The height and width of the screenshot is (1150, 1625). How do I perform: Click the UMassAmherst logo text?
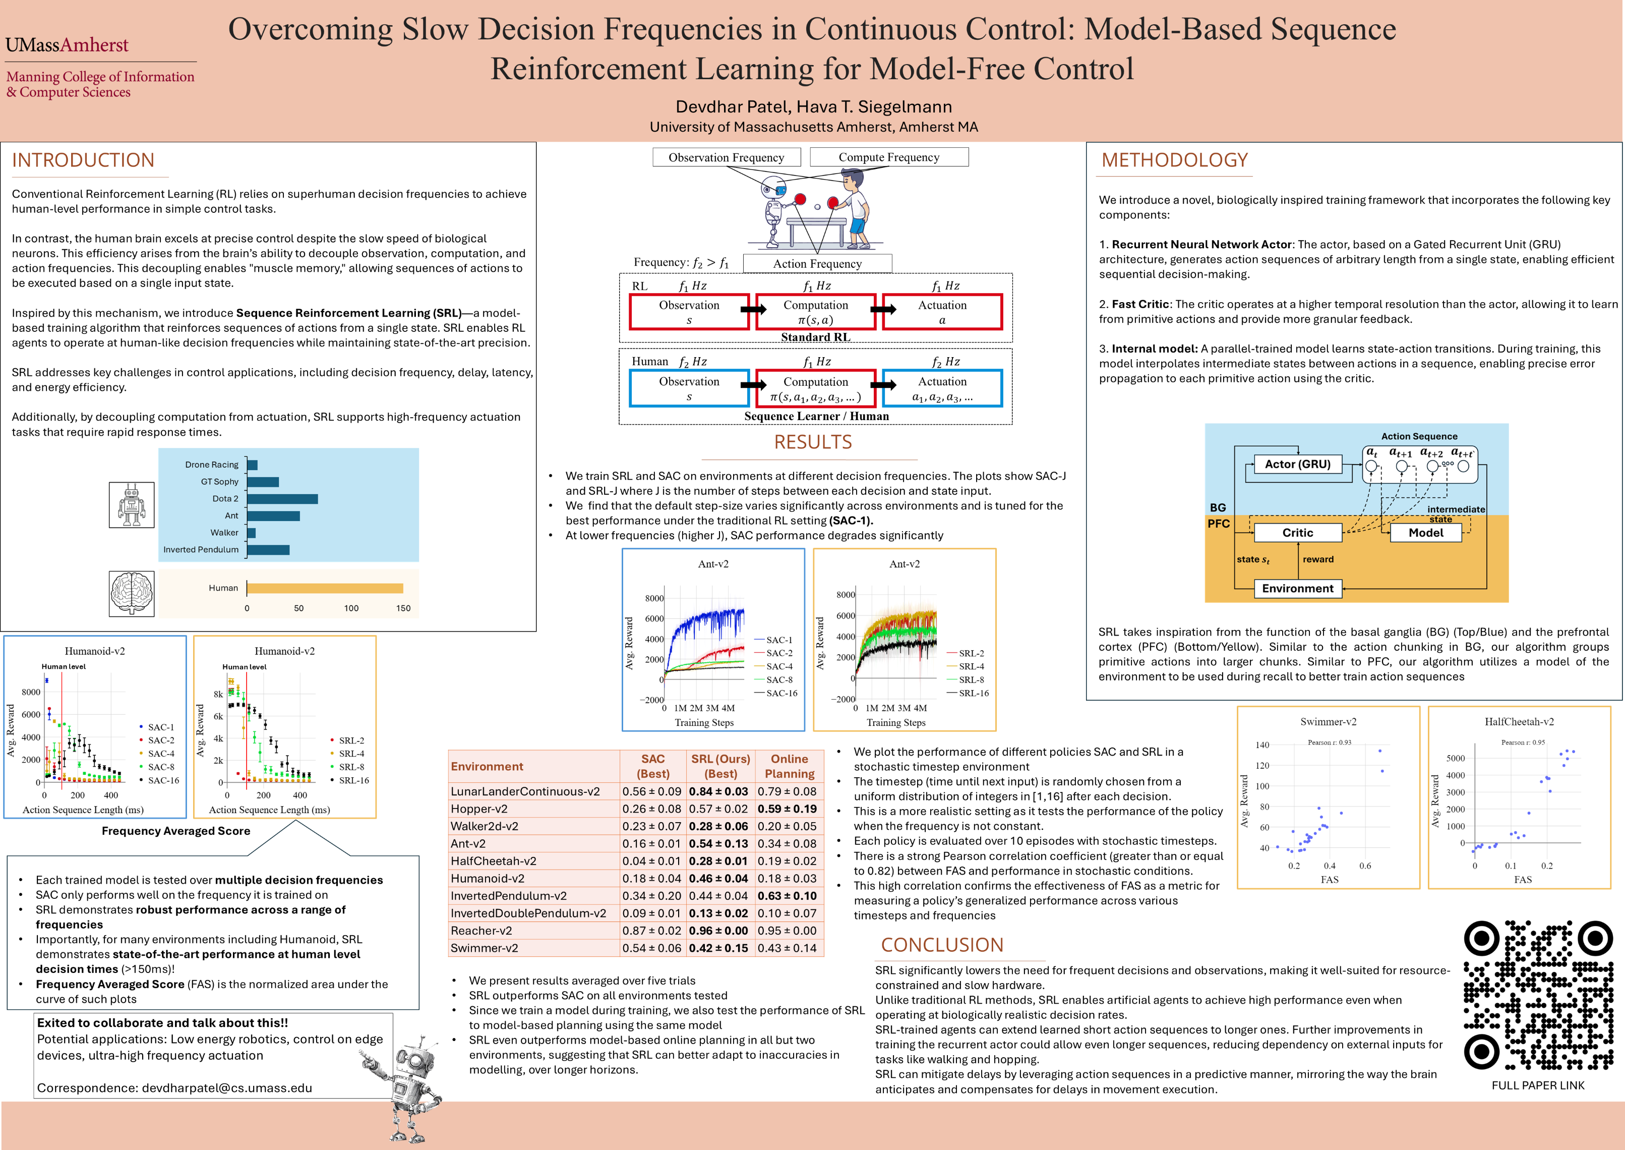coord(67,45)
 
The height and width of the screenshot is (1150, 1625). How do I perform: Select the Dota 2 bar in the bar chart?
coord(282,498)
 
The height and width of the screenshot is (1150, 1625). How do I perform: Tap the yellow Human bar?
coord(325,588)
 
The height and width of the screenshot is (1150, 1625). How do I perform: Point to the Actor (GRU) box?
coord(1297,465)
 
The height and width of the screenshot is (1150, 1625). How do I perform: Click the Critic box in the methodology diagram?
coord(1297,533)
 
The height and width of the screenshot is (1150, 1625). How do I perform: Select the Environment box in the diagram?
coord(1297,589)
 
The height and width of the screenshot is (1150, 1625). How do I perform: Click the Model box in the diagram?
coord(1425,533)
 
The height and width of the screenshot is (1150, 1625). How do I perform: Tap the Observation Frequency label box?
coord(726,157)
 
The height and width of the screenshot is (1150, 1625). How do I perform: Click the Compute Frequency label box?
coord(889,157)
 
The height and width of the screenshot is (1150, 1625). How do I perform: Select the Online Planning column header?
coord(789,766)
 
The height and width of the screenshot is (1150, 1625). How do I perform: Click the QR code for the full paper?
coord(1538,995)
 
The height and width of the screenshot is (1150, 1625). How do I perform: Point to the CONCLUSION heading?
coord(942,945)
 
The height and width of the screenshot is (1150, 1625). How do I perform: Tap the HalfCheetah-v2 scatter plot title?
coord(1519,722)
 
